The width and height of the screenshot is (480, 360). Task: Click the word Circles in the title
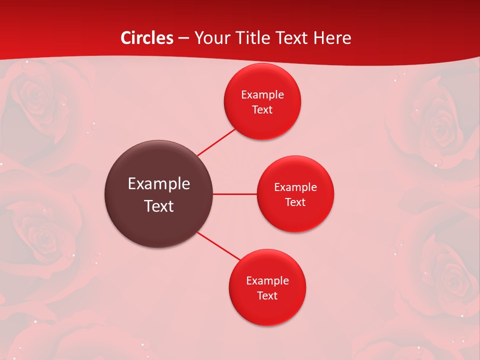[x=147, y=38]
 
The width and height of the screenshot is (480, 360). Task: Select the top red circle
[x=262, y=122]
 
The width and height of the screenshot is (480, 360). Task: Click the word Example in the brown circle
[x=159, y=184]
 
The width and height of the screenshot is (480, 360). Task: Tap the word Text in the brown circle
[x=159, y=206]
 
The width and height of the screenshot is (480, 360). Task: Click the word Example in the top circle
[x=262, y=95]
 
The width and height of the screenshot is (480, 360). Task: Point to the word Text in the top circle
[x=262, y=110]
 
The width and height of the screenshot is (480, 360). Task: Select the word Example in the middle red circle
[x=295, y=187]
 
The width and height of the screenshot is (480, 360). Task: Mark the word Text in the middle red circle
[x=295, y=202]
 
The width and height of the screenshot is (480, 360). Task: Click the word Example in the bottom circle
[x=267, y=281]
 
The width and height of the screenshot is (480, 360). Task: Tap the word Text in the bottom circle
[x=267, y=296]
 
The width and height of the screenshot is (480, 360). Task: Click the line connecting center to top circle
[x=216, y=142]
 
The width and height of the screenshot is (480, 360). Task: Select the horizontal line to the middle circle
[x=235, y=194]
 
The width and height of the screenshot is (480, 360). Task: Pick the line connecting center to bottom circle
[x=219, y=246]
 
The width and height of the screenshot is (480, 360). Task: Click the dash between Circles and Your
[x=183, y=38]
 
